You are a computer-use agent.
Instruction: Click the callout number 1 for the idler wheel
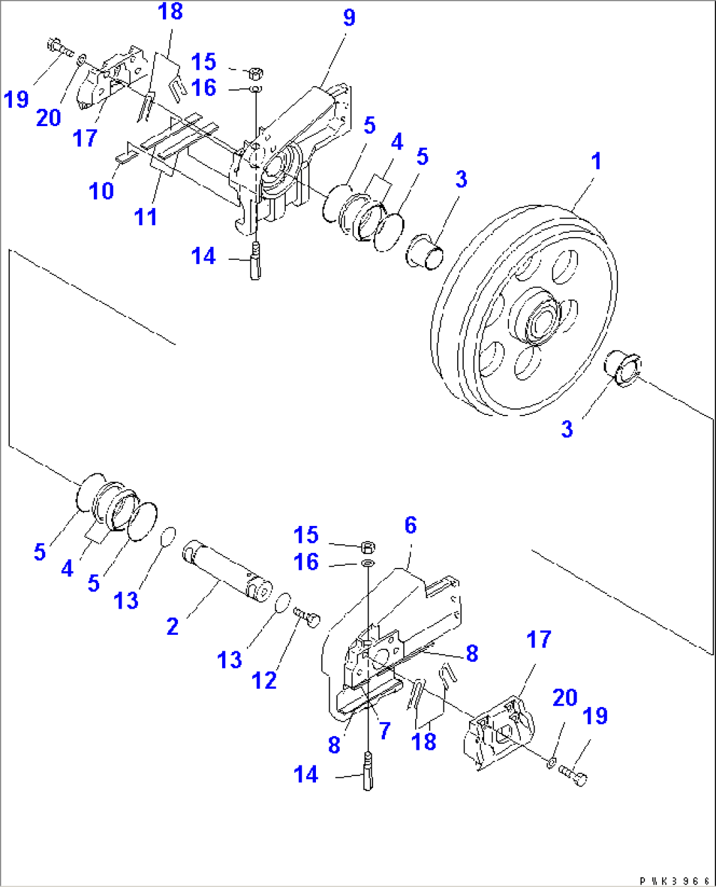pyautogui.click(x=596, y=161)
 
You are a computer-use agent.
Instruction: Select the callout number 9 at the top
pyautogui.click(x=349, y=18)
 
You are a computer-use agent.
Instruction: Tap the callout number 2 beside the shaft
pyautogui.click(x=172, y=626)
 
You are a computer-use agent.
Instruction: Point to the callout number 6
pyautogui.click(x=411, y=525)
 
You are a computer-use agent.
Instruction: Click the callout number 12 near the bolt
pyautogui.click(x=264, y=681)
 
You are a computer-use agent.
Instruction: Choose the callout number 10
pyautogui.click(x=101, y=191)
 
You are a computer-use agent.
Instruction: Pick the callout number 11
pyautogui.click(x=145, y=217)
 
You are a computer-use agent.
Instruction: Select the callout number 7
pyautogui.click(x=384, y=730)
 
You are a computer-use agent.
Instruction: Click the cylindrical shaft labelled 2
pyautogui.click(x=227, y=569)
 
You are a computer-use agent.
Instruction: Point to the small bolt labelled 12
pyautogui.click(x=307, y=617)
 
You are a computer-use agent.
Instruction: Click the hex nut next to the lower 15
pyautogui.click(x=368, y=546)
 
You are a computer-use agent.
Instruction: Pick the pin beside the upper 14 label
pyautogui.click(x=255, y=261)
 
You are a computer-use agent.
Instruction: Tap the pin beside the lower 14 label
pyautogui.click(x=367, y=772)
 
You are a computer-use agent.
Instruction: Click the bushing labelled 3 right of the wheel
pyautogui.click(x=623, y=368)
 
